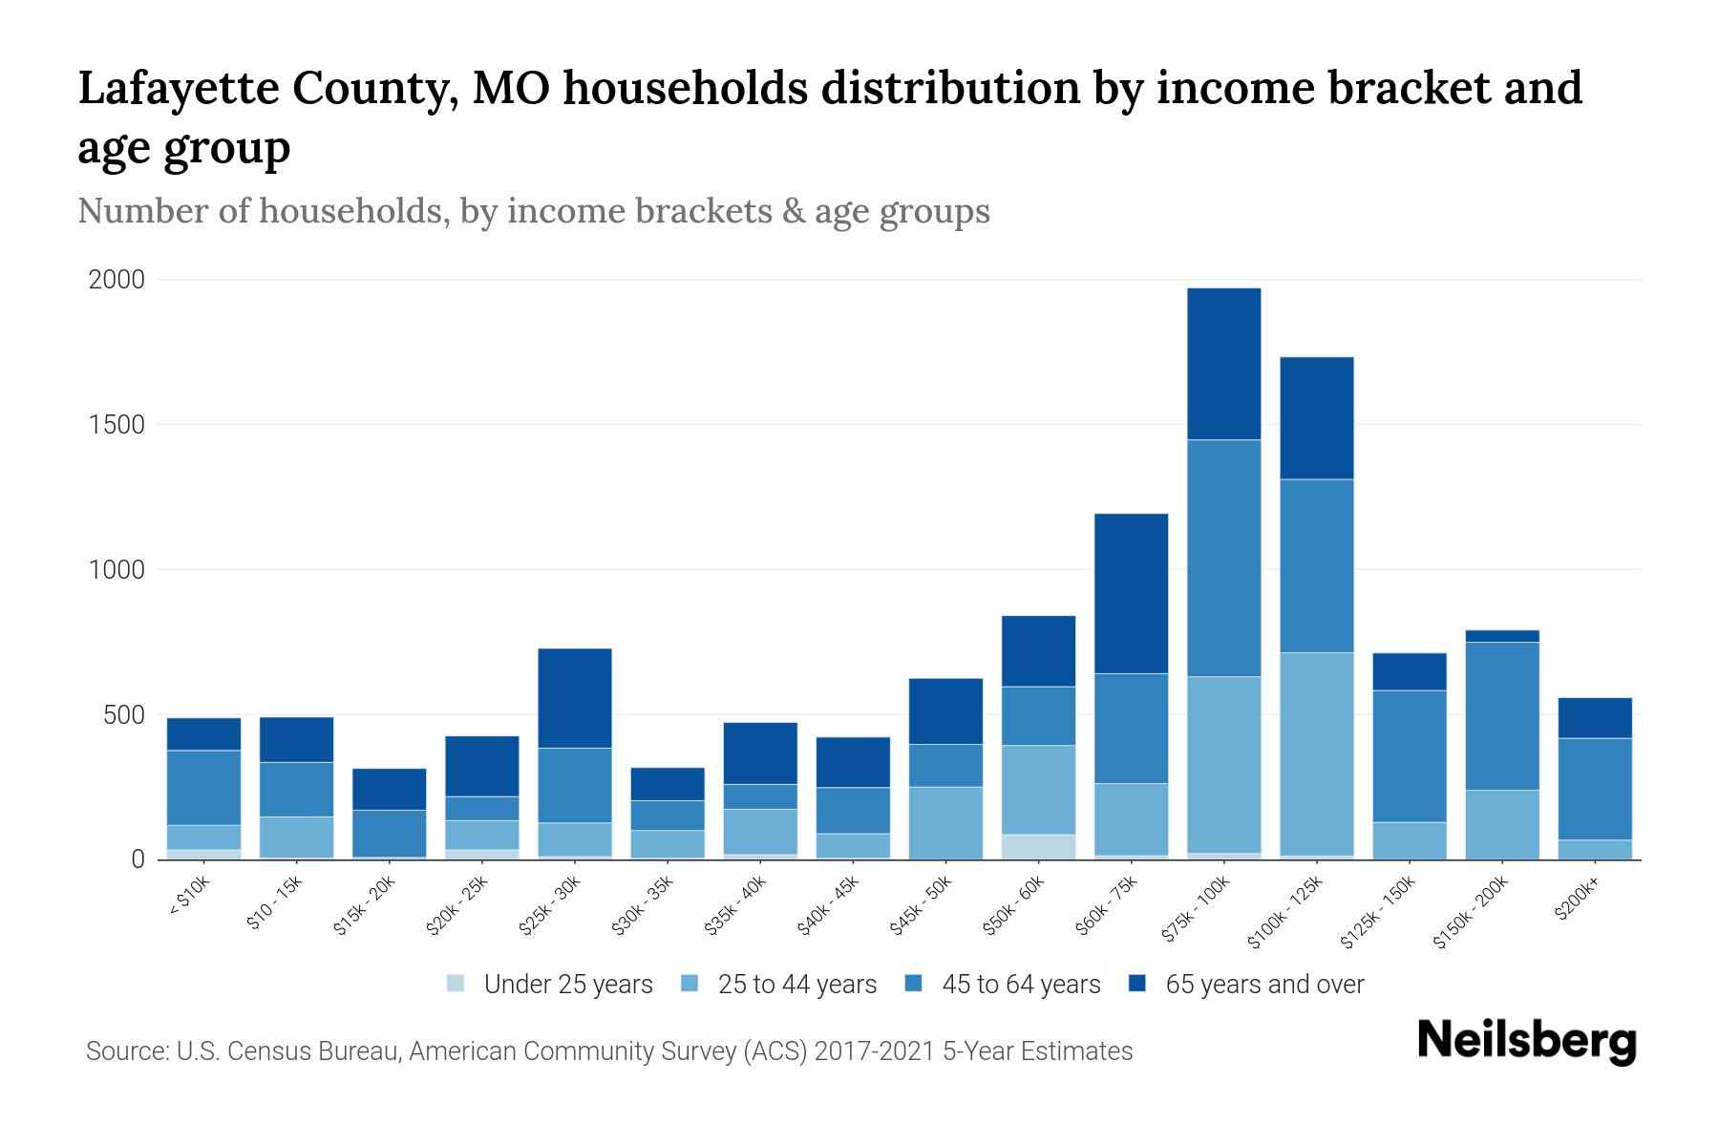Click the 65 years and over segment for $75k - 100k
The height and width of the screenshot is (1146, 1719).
(x=1223, y=364)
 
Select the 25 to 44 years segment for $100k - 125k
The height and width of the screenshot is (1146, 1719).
(x=1316, y=754)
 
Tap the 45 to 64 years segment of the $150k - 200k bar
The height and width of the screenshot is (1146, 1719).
(x=1501, y=716)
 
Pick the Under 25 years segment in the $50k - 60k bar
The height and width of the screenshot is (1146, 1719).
(x=1038, y=847)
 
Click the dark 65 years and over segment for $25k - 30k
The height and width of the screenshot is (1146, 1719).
(x=574, y=698)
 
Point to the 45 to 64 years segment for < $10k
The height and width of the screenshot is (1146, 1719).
(x=203, y=788)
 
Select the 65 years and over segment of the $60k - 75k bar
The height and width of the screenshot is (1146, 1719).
(x=1131, y=594)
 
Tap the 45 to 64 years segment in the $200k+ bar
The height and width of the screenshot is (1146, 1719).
(x=1594, y=789)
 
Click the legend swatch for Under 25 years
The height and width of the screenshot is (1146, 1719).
(x=456, y=984)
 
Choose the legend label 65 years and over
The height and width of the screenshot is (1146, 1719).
(x=1264, y=985)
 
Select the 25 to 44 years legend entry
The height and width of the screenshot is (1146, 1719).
(x=796, y=985)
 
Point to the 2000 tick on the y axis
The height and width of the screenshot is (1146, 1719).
(x=117, y=280)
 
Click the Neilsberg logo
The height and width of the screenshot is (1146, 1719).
(x=1526, y=1041)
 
